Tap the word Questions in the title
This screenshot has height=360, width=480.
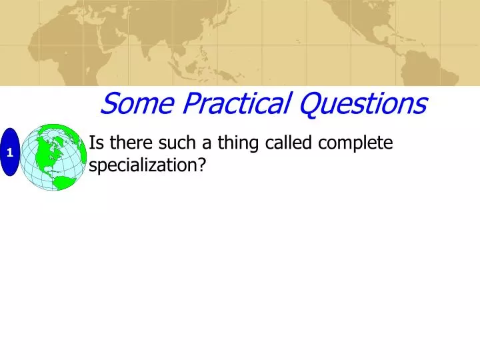click(x=362, y=103)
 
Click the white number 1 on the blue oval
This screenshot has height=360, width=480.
click(x=10, y=153)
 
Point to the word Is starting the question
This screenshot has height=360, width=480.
click(x=95, y=143)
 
